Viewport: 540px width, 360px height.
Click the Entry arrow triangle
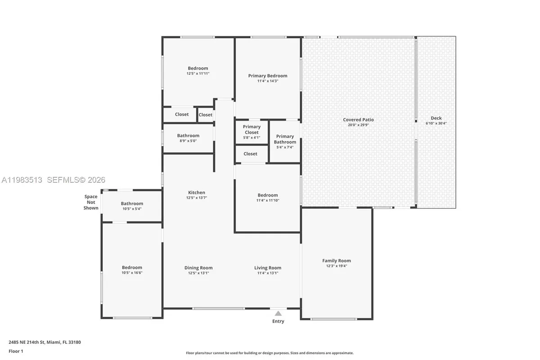pyautogui.click(x=278, y=313)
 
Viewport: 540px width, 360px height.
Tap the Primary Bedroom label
pyautogui.click(x=267, y=76)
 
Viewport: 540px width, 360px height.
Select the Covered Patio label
pyautogui.click(x=358, y=120)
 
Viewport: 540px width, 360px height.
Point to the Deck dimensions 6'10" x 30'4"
pyautogui.click(x=436, y=123)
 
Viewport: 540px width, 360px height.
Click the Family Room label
pyautogui.click(x=336, y=261)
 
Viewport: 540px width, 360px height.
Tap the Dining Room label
pyautogui.click(x=198, y=268)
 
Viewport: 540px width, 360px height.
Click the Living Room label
pyautogui.click(x=267, y=268)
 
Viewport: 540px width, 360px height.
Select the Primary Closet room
pyautogui.click(x=252, y=132)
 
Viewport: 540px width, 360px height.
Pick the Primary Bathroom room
pyautogui.click(x=285, y=141)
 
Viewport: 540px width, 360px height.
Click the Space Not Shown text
pyautogui.click(x=91, y=202)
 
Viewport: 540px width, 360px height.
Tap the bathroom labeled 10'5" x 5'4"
pyautogui.click(x=131, y=206)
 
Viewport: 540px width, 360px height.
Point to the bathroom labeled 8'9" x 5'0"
pyautogui.click(x=188, y=138)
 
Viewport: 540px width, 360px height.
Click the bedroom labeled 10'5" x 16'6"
pyautogui.click(x=131, y=270)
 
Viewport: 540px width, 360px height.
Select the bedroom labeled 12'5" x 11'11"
pyautogui.click(x=198, y=71)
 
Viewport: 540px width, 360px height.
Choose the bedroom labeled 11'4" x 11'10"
pyautogui.click(x=267, y=198)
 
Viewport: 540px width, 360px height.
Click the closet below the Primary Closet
pyautogui.click(x=250, y=154)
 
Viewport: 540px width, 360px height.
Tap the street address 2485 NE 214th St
pyautogui.click(x=45, y=342)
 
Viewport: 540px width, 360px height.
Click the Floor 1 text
pyautogui.click(x=16, y=351)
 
